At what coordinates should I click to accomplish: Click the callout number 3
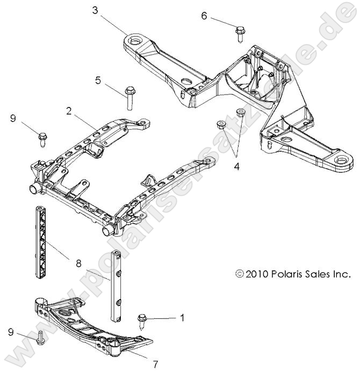(95, 10)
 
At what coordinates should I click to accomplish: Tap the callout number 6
(204, 16)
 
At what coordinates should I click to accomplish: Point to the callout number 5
(98, 81)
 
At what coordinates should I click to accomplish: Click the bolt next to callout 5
(129, 97)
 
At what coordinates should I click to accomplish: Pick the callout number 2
(69, 111)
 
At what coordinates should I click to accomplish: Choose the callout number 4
(235, 167)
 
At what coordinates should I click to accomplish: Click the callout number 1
(182, 318)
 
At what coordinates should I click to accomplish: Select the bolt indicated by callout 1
(143, 319)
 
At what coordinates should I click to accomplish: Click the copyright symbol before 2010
(239, 274)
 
